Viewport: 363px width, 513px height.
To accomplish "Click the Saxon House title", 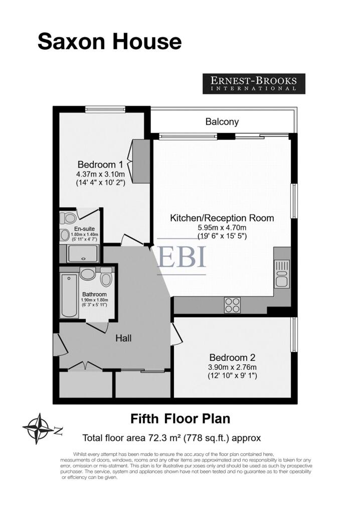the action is [109, 42].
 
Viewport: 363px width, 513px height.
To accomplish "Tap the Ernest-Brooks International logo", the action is [254, 84].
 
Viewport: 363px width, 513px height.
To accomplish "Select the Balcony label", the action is [222, 122].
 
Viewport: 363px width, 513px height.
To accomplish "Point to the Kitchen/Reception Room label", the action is [222, 218].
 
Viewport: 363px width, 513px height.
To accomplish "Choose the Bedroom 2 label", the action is [233, 358].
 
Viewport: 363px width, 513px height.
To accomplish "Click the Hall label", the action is [123, 338].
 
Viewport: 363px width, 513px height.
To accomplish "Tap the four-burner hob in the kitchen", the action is [233, 305].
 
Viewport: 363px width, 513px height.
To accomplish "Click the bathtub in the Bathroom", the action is [69, 296].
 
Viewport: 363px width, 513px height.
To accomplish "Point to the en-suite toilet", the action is [69, 217].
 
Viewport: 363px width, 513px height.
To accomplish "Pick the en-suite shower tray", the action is [83, 253].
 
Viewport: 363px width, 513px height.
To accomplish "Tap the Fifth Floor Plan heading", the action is [180, 419].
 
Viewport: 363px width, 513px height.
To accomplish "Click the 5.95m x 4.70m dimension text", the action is [222, 227].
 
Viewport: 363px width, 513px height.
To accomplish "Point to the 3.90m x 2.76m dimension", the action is [233, 367].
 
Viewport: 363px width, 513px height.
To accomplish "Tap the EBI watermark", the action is [181, 257].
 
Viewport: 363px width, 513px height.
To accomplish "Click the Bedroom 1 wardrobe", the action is [141, 161].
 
